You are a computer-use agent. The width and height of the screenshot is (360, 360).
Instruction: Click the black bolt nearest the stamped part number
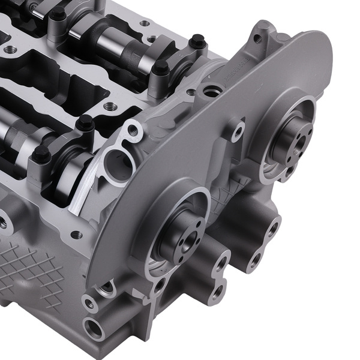(197, 41)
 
